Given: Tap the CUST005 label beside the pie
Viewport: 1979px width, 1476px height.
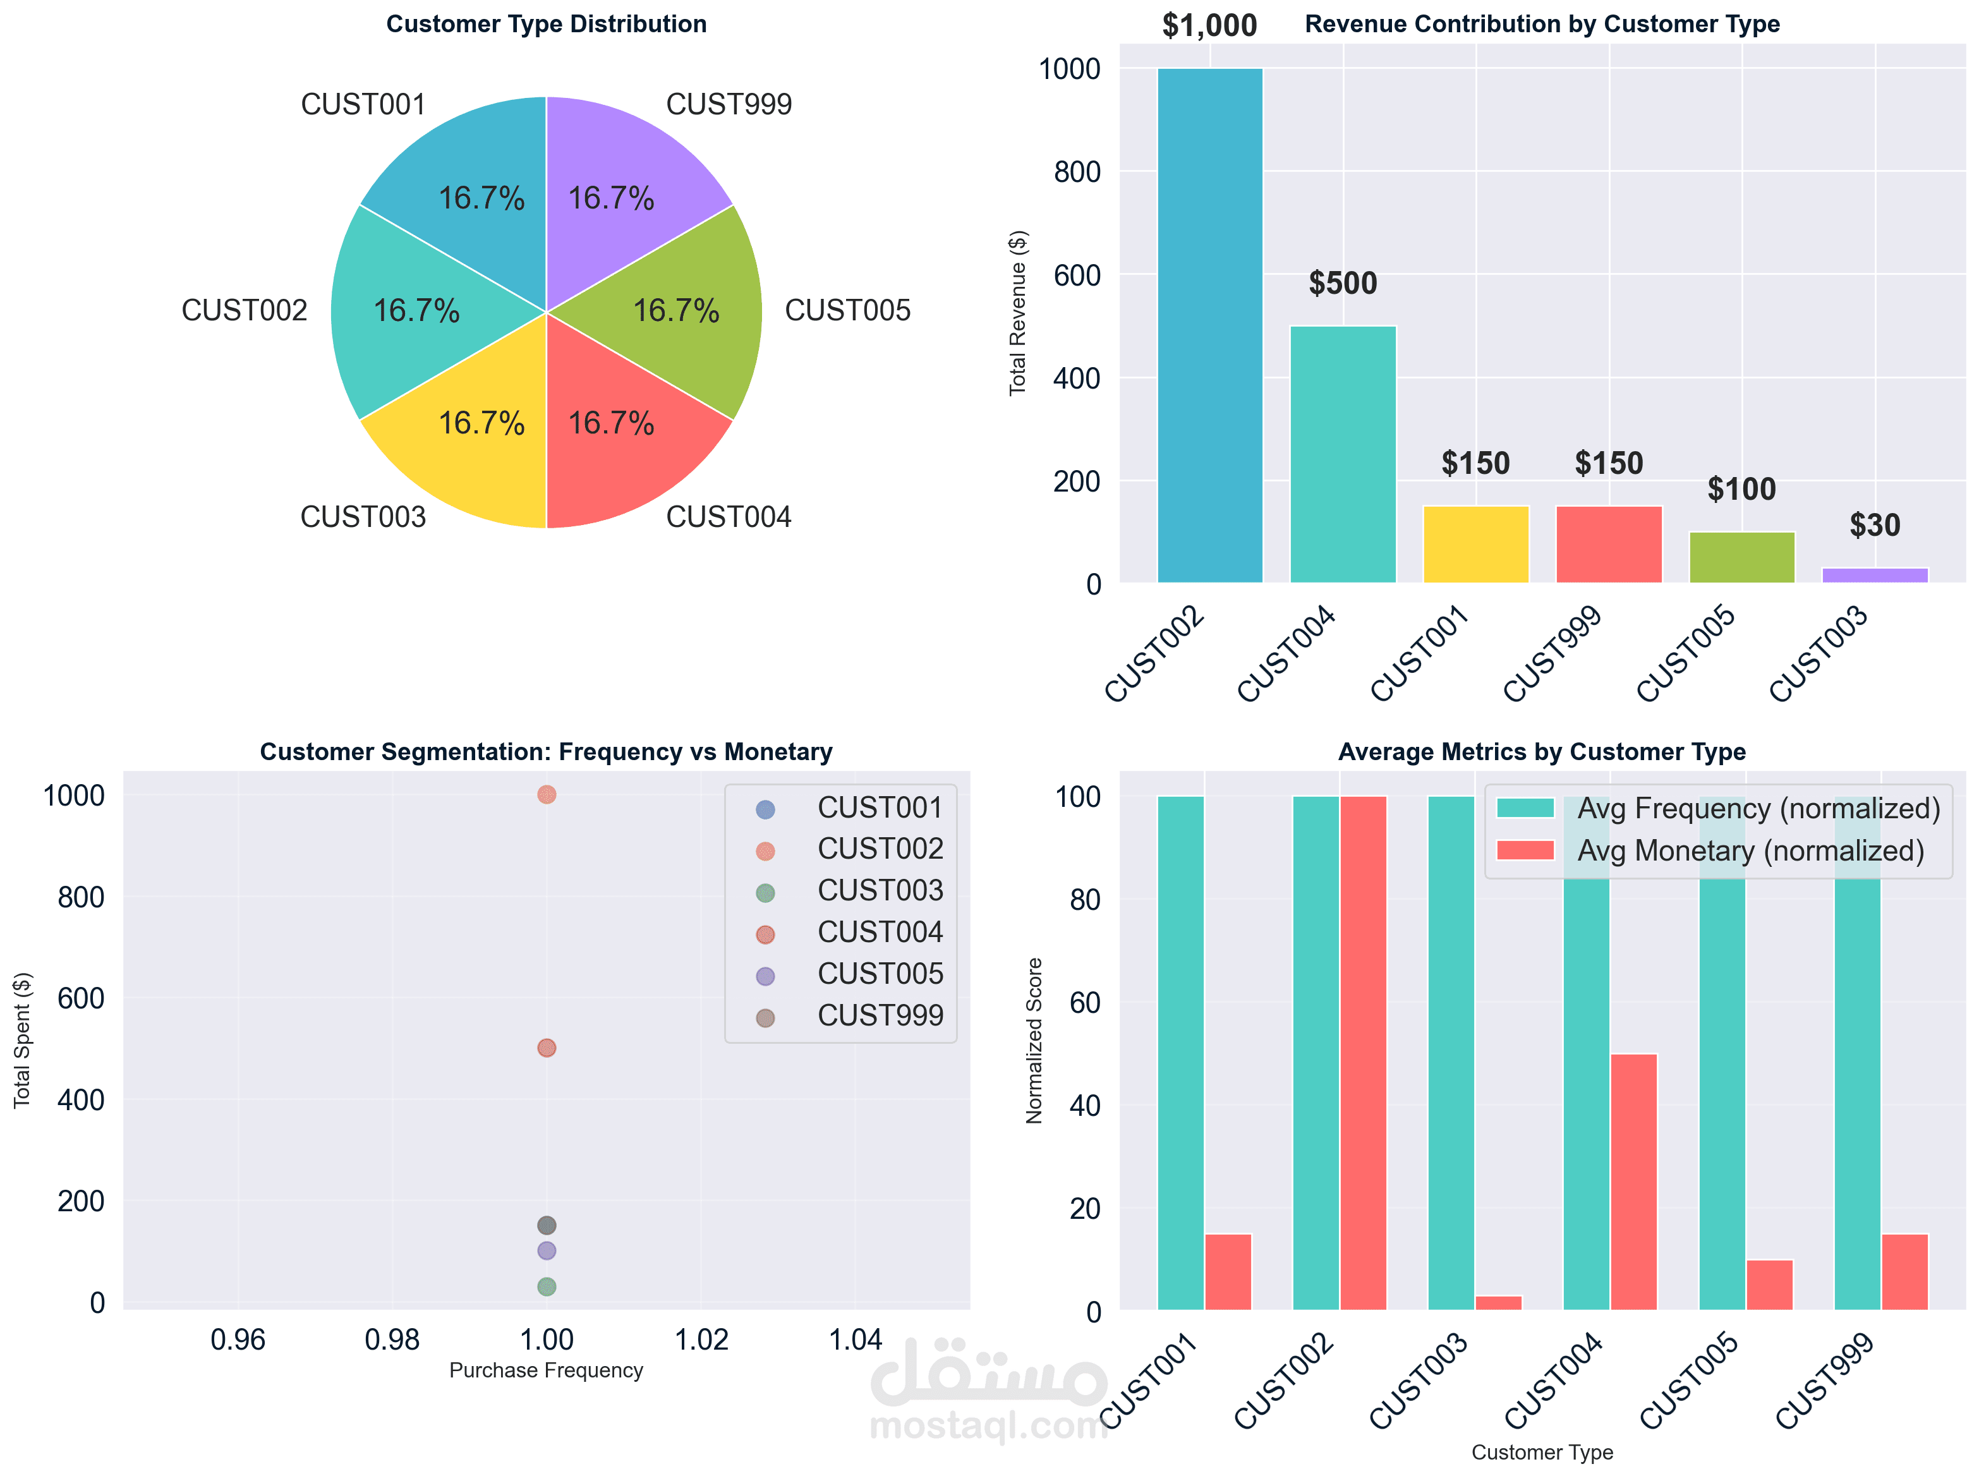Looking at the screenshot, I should (847, 310).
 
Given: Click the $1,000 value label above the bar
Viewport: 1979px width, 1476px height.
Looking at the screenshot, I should (1209, 25).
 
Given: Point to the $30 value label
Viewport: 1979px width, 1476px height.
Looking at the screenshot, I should (1875, 525).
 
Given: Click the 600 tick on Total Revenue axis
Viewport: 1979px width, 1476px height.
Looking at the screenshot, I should (1077, 275).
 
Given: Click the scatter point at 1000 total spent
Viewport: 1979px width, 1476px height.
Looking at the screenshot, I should (547, 794).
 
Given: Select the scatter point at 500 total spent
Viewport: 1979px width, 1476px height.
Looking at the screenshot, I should (547, 1047).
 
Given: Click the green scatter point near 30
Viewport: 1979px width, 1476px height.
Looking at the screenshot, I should (547, 1286).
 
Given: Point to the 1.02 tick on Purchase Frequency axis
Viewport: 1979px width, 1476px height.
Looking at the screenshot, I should (701, 1340).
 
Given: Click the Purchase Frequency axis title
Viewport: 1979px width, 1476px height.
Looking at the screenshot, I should (546, 1370).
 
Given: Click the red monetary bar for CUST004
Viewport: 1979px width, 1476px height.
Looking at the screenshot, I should (1633, 1181).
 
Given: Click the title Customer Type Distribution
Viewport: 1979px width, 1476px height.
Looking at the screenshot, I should (546, 24).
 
